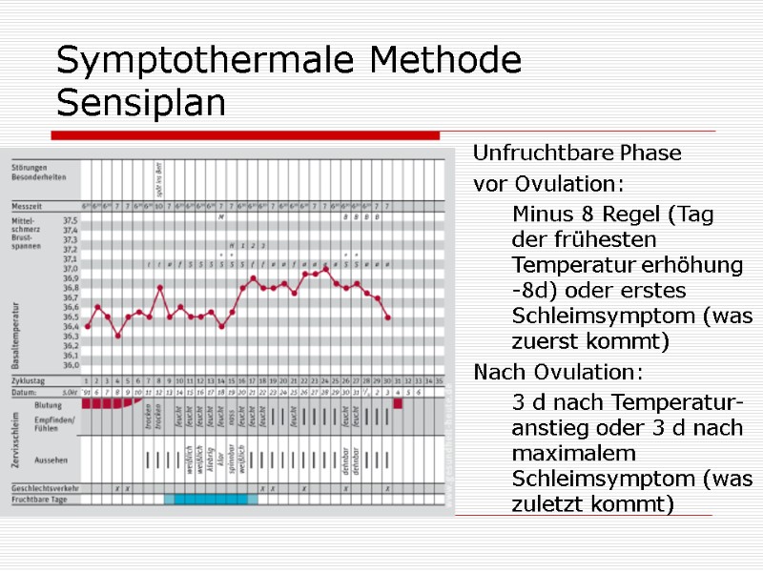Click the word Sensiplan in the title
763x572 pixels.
pyautogui.click(x=141, y=103)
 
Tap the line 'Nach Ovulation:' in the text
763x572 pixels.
pyautogui.click(x=558, y=371)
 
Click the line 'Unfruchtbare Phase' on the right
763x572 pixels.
pyautogui.click(x=577, y=153)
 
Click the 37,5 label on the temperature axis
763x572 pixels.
pyautogui.click(x=70, y=220)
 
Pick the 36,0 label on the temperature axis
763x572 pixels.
pyautogui.click(x=70, y=365)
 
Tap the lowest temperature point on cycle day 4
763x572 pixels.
pyautogui.click(x=118, y=336)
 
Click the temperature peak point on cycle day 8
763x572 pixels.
pyautogui.click(x=159, y=287)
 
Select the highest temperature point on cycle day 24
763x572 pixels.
pyautogui.click(x=325, y=269)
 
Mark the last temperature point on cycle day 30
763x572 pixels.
pyautogui.click(x=387, y=317)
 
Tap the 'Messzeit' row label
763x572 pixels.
pyautogui.click(x=28, y=205)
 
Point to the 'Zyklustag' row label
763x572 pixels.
pyautogui.click(x=29, y=379)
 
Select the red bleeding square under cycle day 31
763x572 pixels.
pyautogui.click(x=398, y=403)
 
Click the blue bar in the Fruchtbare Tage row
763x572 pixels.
pyautogui.click(x=210, y=499)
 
